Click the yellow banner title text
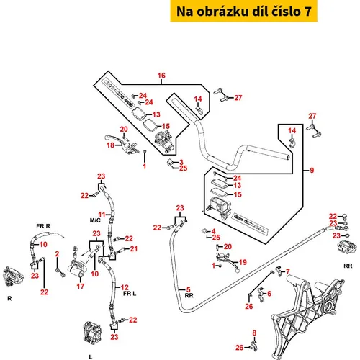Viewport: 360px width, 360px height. point(244,12)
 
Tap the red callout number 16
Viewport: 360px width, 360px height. point(161,76)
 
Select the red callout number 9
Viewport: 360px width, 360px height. point(312,170)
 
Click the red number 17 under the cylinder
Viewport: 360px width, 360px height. point(81,286)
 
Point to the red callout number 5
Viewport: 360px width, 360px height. point(189,289)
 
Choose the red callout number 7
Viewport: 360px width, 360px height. point(288,271)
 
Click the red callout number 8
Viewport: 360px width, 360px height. point(254,333)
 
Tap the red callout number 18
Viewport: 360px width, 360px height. point(111,145)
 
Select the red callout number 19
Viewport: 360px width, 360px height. point(243,262)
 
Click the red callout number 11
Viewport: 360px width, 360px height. point(102,215)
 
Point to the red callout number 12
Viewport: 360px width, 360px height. point(125,287)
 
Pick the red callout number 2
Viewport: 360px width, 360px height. point(57,253)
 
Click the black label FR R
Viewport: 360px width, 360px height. point(43,226)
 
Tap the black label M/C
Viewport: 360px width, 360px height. point(95,220)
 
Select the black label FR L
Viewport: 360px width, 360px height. point(130,294)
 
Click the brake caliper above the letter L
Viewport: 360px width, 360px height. point(92,333)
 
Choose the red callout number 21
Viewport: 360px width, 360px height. point(134,249)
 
